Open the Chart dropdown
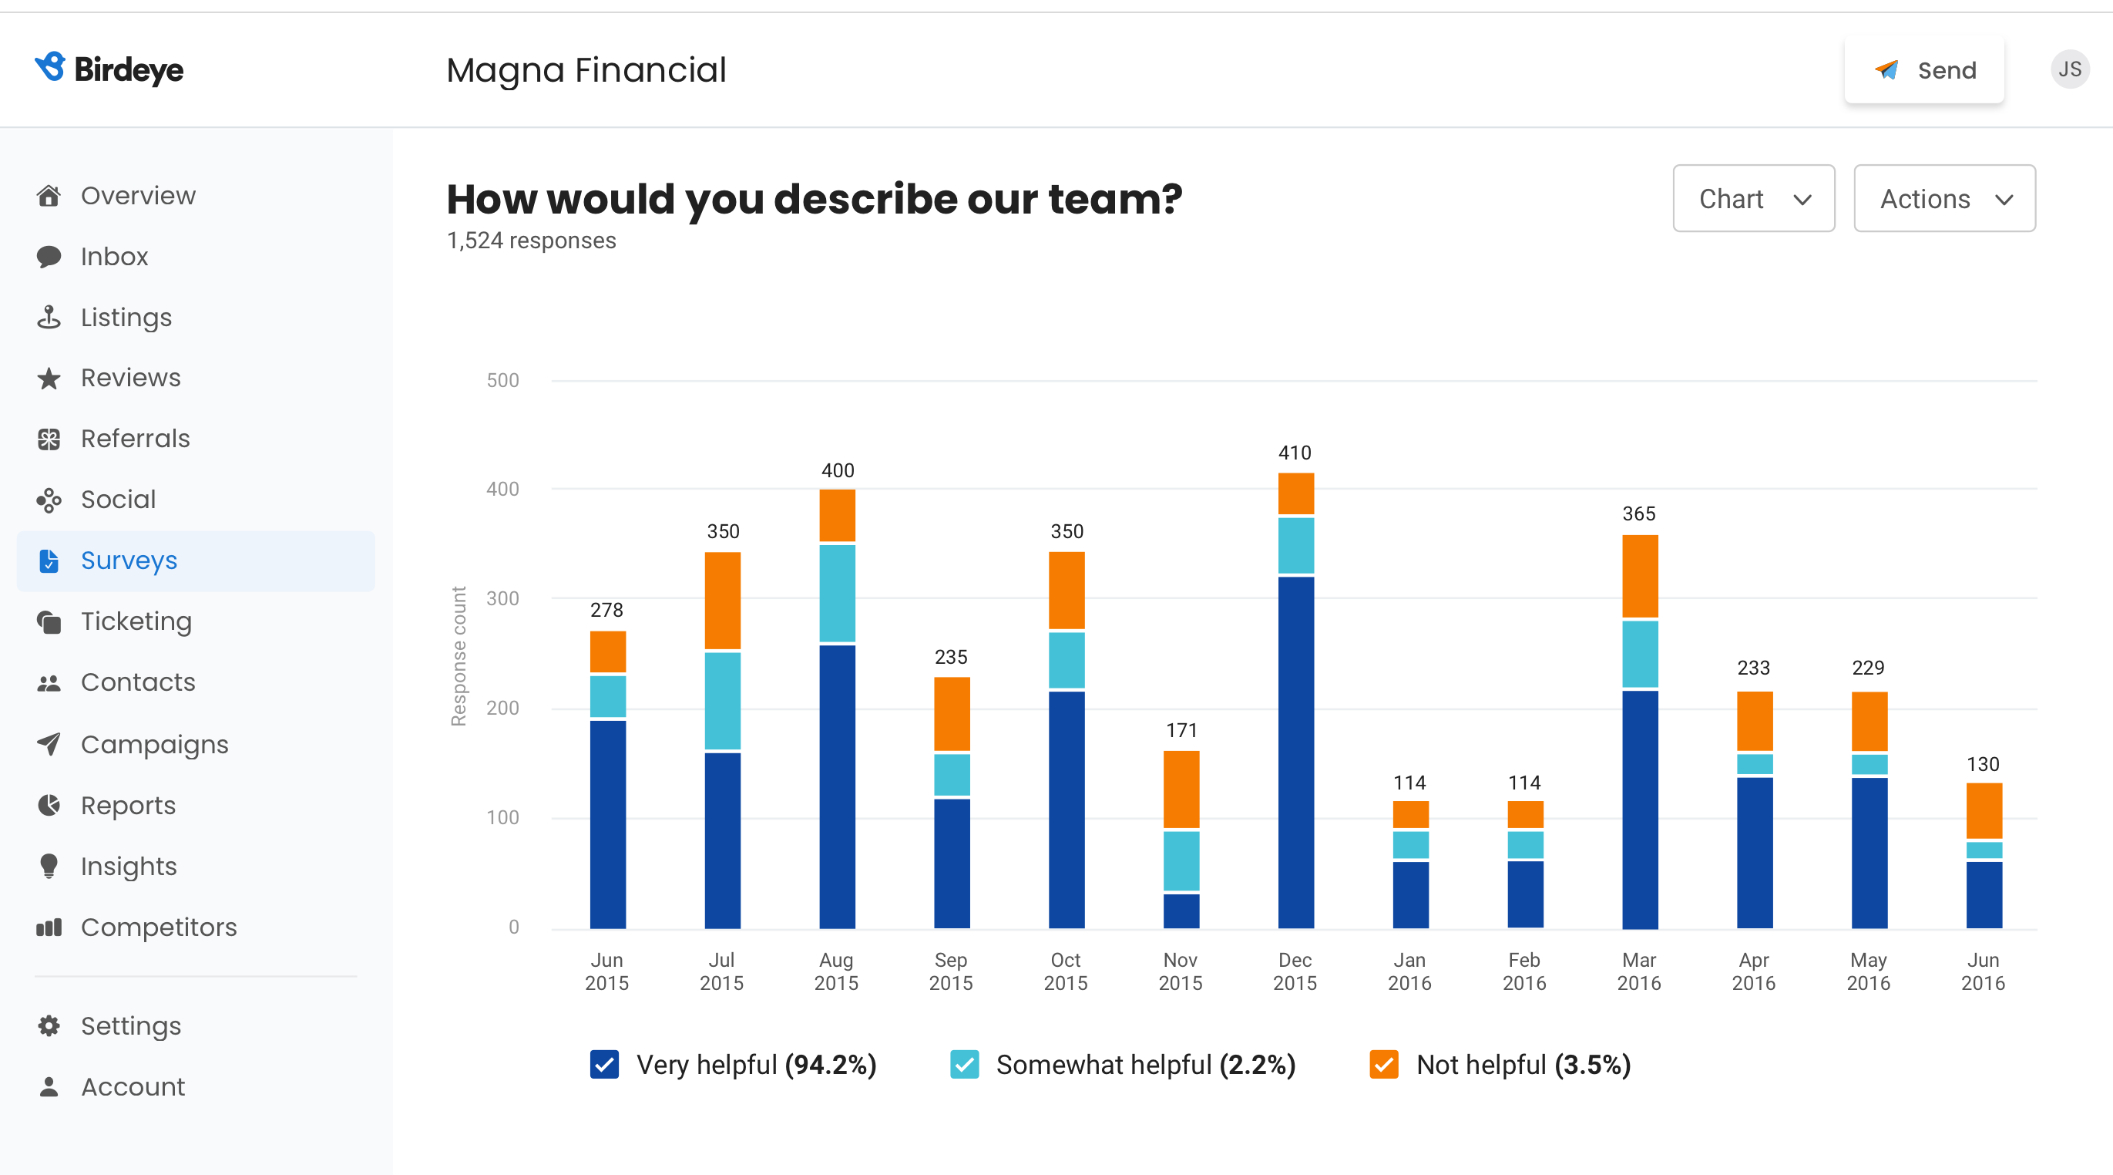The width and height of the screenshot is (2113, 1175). pos(1753,199)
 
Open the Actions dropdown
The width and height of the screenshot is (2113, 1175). pos(1944,199)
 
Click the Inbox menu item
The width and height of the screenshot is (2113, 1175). pos(114,257)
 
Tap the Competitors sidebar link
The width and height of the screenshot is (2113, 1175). pos(158,928)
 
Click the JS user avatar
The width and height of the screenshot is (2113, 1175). pos(2069,69)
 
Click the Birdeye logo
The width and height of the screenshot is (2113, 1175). pos(109,69)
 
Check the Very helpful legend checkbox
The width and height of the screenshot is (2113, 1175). pos(604,1064)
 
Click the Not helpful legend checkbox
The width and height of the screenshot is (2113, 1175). pos(1384,1064)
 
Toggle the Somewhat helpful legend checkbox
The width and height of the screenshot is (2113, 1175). pos(964,1064)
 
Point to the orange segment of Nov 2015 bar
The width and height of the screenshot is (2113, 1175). pos(1181,789)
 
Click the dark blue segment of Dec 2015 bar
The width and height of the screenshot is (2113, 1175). pos(1295,752)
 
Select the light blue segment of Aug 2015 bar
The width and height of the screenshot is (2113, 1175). pos(837,592)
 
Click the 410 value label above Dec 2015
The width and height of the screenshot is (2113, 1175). pos(1295,453)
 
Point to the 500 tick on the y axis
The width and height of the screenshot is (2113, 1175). pos(503,380)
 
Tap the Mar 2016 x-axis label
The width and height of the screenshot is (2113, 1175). pos(1638,971)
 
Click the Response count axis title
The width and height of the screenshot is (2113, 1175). pos(459,655)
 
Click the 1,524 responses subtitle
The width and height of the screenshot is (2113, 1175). pos(531,241)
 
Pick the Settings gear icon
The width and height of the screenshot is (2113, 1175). pos(49,1025)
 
